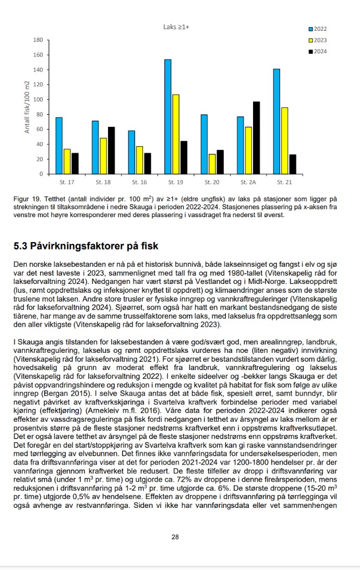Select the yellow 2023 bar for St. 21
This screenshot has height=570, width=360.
pos(284,140)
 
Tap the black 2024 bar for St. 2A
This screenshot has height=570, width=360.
pos(256,138)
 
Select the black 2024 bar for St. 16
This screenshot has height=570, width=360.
pos(148,163)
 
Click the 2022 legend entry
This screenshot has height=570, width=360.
pos(318,29)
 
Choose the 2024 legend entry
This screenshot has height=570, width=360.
pos(318,51)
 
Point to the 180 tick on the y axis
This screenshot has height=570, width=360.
pos(38,40)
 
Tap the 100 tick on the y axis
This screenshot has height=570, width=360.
pos(38,100)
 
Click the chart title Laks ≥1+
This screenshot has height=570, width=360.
pos(176,27)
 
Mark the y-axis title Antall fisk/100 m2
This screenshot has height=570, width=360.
pos(27,107)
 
